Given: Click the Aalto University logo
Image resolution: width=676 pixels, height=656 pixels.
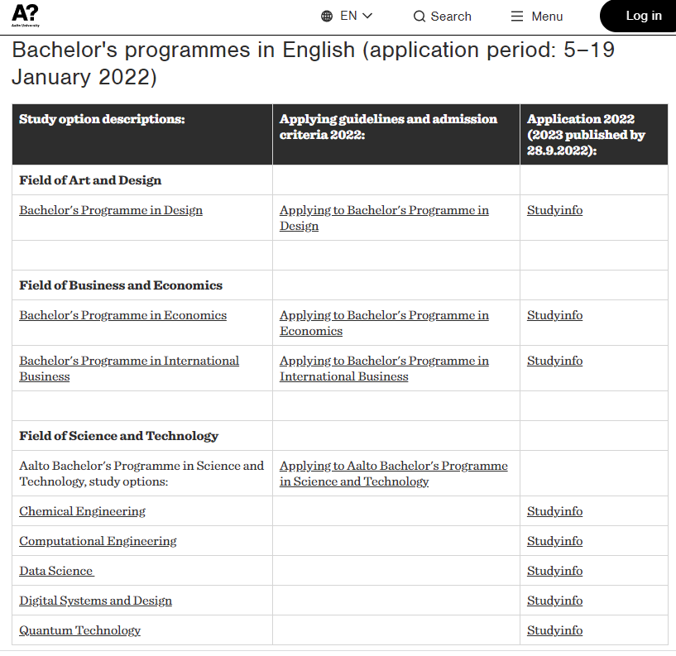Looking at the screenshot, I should pos(25,15).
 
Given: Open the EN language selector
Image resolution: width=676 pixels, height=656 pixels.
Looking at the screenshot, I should pos(347,16).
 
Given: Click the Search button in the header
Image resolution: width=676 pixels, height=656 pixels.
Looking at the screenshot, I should pos(442,17).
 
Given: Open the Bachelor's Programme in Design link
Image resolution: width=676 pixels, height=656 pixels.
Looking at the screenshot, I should pos(111,210).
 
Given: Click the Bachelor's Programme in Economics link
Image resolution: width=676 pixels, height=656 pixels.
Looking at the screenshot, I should pos(122,315).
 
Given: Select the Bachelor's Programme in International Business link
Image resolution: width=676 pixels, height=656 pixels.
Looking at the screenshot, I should pos(129,368).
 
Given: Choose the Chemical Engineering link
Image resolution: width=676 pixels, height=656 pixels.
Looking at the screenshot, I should pos(82,511).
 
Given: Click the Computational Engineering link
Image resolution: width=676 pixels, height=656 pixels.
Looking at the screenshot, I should pos(98,541).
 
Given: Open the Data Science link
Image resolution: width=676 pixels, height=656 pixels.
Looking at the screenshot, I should pos(56,571).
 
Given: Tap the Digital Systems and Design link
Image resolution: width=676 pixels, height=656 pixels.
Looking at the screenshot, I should pos(95,601).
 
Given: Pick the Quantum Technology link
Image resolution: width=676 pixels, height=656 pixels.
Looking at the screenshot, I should pos(79,630).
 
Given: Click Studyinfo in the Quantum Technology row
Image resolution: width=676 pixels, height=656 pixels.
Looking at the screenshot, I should pos(554,630).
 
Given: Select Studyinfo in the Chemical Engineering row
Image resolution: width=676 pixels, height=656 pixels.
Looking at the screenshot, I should pos(554,511).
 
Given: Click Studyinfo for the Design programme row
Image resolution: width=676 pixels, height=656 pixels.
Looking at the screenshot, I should pos(554,210).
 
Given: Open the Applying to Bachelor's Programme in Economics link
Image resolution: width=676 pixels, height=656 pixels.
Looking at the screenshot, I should pos(384,323).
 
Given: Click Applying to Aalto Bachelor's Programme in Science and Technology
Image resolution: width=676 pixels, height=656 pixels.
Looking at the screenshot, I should pos(393,473).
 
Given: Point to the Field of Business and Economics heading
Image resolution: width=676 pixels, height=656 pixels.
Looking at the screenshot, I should pos(121,285).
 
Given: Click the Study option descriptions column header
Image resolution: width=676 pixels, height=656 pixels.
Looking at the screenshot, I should pos(102,119).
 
